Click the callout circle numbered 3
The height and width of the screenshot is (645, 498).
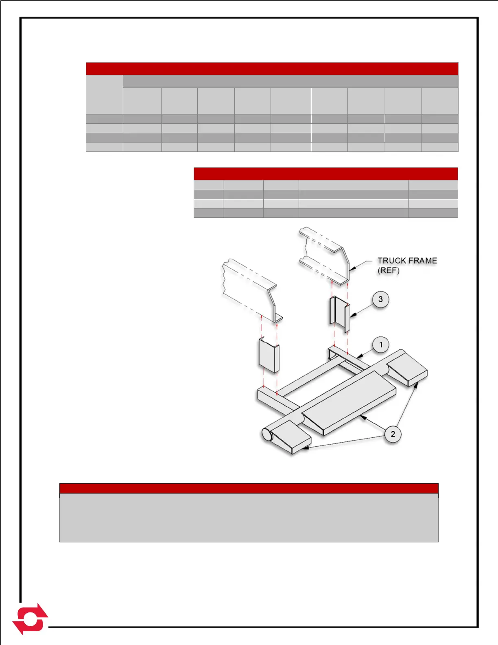pyautogui.click(x=380, y=300)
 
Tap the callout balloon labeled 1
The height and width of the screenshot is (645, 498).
pyautogui.click(x=381, y=345)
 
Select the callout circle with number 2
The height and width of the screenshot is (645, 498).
pyautogui.click(x=393, y=434)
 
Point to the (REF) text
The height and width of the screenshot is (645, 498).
pyautogui.click(x=389, y=270)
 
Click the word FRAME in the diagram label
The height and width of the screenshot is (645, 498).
pyautogui.click(x=423, y=261)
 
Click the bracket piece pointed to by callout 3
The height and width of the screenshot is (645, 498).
pyautogui.click(x=339, y=315)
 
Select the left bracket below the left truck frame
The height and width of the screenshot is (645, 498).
pyautogui.click(x=269, y=355)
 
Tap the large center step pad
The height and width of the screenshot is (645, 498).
pyautogui.click(x=350, y=403)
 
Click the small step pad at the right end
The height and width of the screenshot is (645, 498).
pyautogui.click(x=407, y=370)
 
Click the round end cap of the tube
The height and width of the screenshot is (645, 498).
pyautogui.click(x=266, y=435)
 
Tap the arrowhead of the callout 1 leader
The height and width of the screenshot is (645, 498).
pyautogui.click(x=358, y=357)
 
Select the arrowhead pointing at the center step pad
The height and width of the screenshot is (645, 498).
pyautogui.click(x=362, y=417)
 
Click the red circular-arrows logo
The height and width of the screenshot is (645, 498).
pyautogui.click(x=30, y=619)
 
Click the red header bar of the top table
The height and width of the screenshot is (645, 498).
pyautogui.click(x=272, y=68)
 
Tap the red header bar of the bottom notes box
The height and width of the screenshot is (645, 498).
pyautogui.click(x=249, y=488)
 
